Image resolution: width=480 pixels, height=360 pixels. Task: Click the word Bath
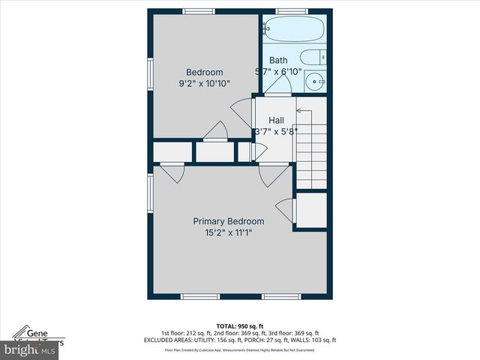[x=278, y=61]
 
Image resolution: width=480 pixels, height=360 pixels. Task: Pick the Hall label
[x=276, y=120]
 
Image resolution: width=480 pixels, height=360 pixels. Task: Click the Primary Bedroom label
[x=229, y=221]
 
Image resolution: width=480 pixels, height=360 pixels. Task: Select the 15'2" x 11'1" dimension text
[x=229, y=232]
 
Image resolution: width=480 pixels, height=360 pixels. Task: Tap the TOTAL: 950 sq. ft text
[x=239, y=325]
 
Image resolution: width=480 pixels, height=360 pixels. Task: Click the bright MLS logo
[x=30, y=349]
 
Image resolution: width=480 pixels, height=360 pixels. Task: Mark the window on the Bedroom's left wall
[x=151, y=75]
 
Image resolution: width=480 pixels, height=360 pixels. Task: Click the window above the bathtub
[x=291, y=11]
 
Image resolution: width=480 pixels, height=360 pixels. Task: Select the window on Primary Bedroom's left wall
[x=151, y=191]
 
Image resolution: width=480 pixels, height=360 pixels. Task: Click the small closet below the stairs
[x=310, y=210]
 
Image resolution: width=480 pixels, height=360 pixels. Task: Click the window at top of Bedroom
[x=199, y=11]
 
